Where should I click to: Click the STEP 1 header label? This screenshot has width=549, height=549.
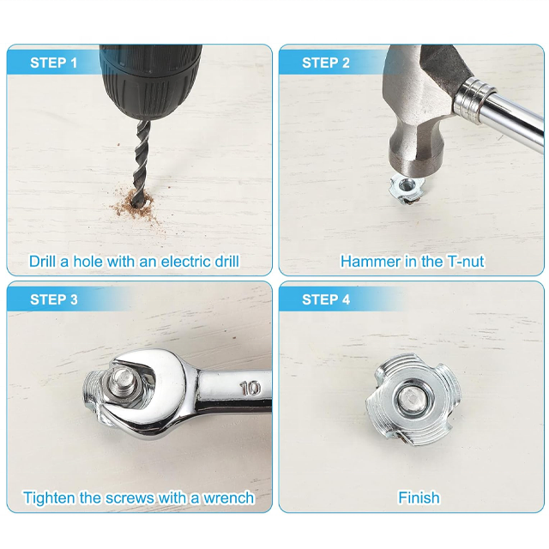pos(53,63)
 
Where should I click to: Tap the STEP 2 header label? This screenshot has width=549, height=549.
pos(326,63)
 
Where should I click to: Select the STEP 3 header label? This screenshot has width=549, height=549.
pos(53,299)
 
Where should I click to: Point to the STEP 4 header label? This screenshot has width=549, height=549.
pos(326,299)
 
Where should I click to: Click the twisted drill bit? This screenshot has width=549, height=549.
pos(142,161)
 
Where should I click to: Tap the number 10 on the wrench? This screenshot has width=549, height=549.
pos(250,389)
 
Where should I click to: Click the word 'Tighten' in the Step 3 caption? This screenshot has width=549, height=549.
pos(49,498)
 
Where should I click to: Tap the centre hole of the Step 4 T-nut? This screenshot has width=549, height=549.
pos(413,399)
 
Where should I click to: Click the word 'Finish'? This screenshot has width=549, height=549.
pos(419,498)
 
